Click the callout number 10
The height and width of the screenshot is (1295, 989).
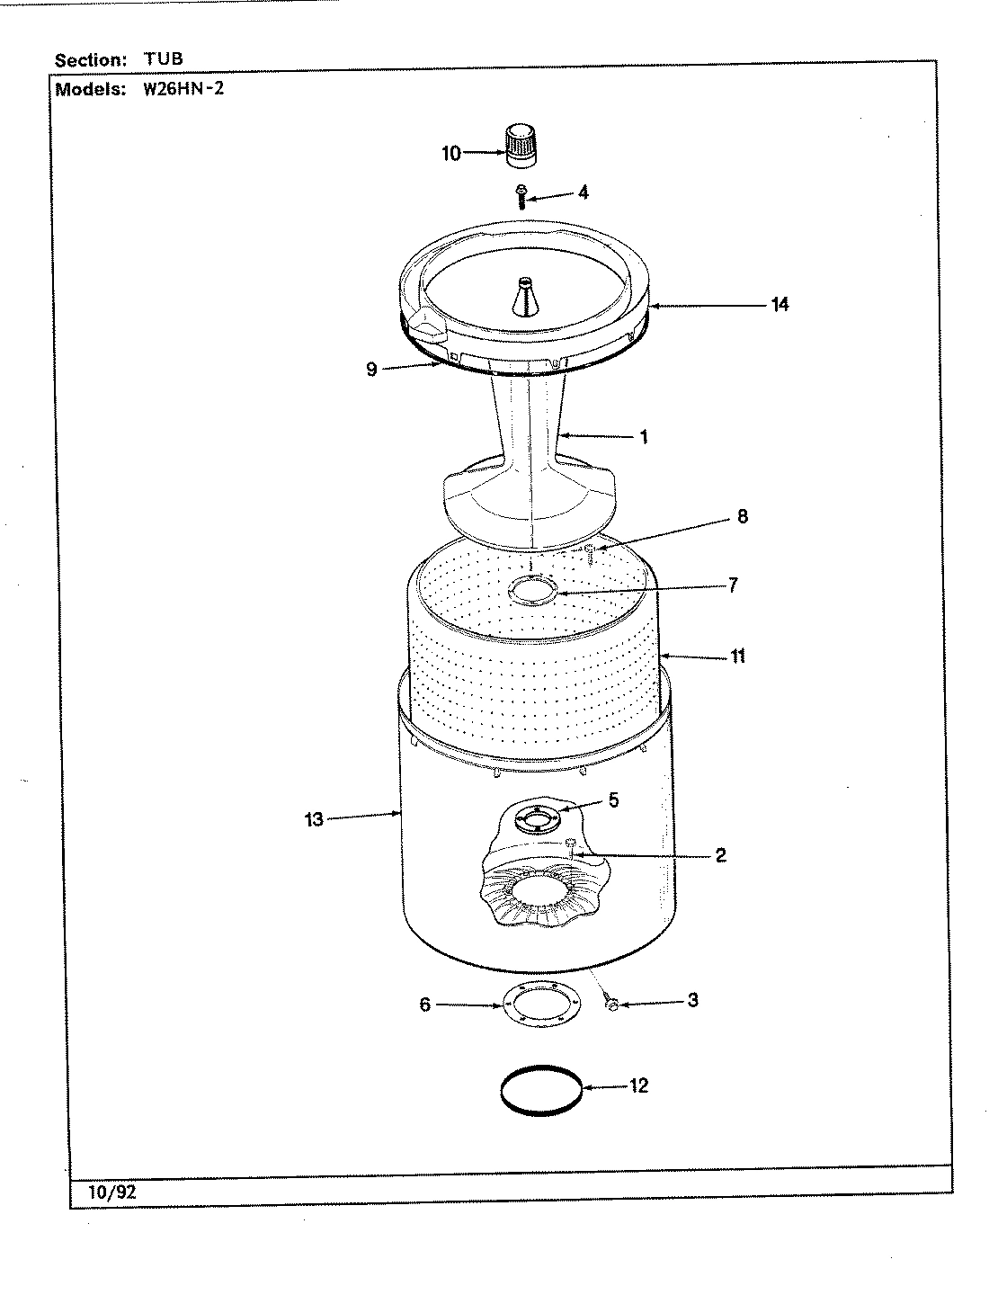click(450, 153)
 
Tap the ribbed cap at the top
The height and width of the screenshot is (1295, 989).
click(519, 147)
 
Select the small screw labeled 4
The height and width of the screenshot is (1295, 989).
click(521, 195)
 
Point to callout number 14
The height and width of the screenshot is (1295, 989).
click(779, 304)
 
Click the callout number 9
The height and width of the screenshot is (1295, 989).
click(371, 369)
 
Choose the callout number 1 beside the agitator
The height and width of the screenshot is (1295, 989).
click(644, 437)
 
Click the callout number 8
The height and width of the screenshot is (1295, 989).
click(742, 517)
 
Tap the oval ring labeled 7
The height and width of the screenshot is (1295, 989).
click(532, 591)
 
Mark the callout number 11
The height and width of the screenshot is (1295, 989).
click(737, 656)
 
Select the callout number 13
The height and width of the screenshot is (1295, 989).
click(314, 819)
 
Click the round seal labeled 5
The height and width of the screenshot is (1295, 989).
click(536, 817)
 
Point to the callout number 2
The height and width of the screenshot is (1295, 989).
click(720, 855)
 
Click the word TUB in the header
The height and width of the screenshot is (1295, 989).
click(163, 59)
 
